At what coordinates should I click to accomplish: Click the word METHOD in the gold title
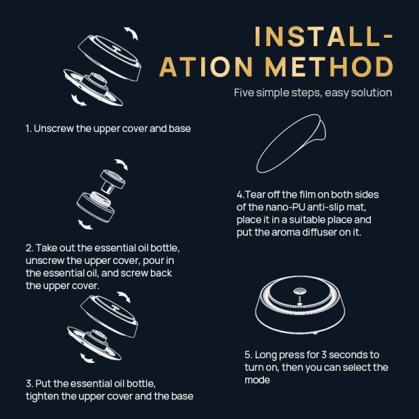329,66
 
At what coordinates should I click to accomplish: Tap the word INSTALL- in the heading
323,36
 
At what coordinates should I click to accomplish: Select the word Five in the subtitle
244,93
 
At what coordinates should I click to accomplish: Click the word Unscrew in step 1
54,128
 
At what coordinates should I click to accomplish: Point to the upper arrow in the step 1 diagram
131,33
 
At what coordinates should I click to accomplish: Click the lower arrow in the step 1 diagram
78,100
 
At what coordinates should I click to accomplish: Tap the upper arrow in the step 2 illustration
122,164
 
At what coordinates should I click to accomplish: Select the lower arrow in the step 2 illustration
84,225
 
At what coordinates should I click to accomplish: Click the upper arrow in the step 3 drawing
124,297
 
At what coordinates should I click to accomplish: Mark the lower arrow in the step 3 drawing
87,358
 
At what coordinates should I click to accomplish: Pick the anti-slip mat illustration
291,143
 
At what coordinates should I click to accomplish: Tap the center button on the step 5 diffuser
300,291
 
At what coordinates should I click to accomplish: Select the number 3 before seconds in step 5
324,355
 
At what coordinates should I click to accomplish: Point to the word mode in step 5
257,380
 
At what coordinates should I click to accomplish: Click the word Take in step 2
46,248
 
